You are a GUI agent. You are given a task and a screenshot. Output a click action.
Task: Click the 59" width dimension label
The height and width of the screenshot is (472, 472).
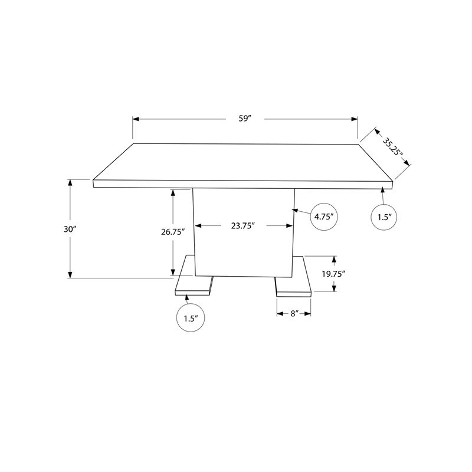[x=245, y=119]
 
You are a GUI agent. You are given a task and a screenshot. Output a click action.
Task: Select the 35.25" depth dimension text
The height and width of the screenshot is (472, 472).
[x=392, y=147]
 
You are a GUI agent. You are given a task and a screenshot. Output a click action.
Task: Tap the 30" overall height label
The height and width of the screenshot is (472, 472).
[x=71, y=229]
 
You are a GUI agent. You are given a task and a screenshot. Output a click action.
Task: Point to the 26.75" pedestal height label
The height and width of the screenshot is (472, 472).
[x=173, y=232]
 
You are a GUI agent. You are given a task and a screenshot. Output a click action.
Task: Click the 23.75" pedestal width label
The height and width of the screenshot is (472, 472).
[x=242, y=225]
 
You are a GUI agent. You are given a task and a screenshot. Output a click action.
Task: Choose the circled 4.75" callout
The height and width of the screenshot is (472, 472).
[x=324, y=217]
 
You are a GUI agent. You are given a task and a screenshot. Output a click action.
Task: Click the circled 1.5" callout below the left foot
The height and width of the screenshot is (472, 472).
[x=189, y=319]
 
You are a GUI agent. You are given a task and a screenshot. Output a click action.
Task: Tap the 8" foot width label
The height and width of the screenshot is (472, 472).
[x=294, y=314]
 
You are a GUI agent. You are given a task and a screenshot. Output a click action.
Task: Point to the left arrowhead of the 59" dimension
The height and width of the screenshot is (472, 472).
[x=136, y=119]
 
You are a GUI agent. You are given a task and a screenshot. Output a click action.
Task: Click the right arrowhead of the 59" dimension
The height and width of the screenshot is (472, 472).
[x=355, y=119]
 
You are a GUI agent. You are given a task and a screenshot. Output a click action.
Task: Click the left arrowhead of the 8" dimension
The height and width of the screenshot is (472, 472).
[x=280, y=314]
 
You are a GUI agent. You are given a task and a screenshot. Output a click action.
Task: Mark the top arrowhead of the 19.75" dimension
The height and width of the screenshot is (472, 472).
[x=335, y=260]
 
